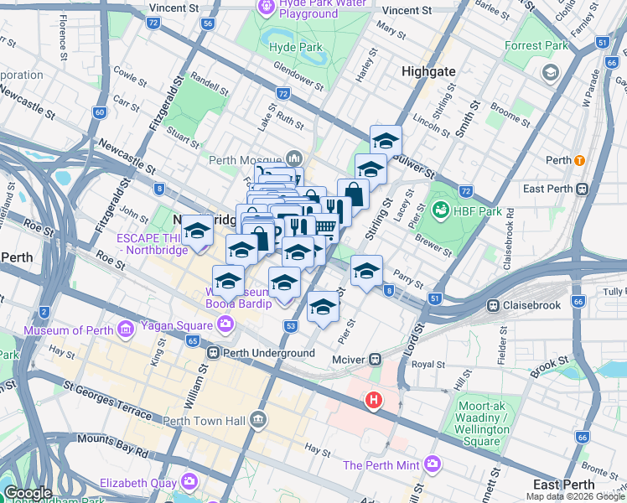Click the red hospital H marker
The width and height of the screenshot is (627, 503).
tap(373, 402)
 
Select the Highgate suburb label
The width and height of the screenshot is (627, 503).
tap(429, 71)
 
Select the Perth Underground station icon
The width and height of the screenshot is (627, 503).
tap(215, 354)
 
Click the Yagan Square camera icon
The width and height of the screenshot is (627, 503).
tap(225, 324)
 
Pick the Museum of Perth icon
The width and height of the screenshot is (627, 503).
tap(125, 329)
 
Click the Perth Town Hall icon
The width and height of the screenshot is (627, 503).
tap(259, 419)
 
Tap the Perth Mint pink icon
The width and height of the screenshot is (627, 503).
tap(433, 464)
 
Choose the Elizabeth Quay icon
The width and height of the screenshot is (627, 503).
tap(189, 482)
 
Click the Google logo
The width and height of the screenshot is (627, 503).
tap(28, 493)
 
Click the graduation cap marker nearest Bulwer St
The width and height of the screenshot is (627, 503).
tap(386, 140)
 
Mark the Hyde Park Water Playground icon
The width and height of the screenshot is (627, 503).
tap(267, 7)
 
